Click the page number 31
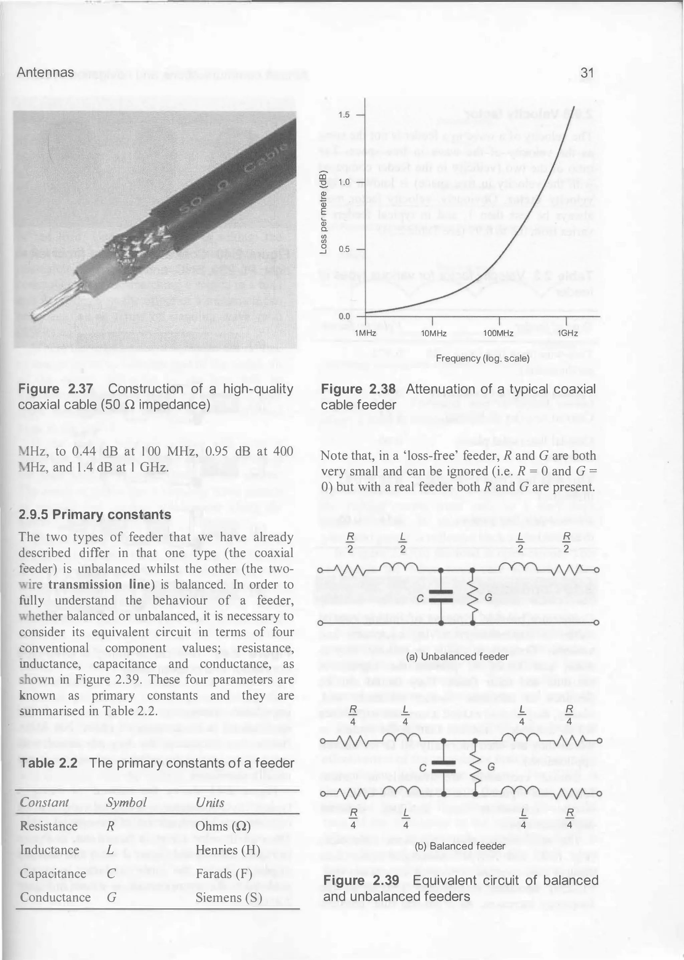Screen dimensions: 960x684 tap(587, 73)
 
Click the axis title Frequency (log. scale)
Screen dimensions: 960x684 tap(482, 358)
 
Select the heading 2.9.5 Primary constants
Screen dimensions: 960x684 tap(95, 515)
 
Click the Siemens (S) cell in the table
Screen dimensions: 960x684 tap(229, 898)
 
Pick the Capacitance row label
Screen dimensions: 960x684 tap(53, 873)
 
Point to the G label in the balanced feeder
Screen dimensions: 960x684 tap(491, 767)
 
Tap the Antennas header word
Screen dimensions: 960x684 tap(45, 73)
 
